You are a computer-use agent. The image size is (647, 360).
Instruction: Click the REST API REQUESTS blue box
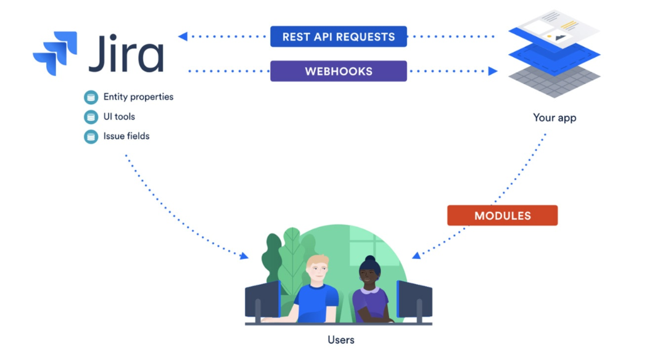pyautogui.click(x=338, y=36)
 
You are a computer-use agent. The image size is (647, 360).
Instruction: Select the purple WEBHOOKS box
pyautogui.click(x=338, y=71)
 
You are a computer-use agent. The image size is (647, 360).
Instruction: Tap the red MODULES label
pyautogui.click(x=502, y=216)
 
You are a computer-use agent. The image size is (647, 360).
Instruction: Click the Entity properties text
pyautogui.click(x=138, y=97)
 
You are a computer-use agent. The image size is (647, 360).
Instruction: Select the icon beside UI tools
pyautogui.click(x=91, y=117)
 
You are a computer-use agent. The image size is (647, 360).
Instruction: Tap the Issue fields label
pyautogui.click(x=126, y=136)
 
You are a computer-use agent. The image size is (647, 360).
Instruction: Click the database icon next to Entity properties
pyautogui.click(x=91, y=97)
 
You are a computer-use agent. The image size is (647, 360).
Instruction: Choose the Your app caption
pyautogui.click(x=554, y=117)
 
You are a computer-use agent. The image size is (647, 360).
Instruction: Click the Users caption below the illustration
pyautogui.click(x=340, y=340)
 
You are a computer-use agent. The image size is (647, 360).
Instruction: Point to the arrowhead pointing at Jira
pyautogui.click(x=183, y=36)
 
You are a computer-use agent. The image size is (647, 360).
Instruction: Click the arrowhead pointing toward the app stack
pyautogui.click(x=493, y=71)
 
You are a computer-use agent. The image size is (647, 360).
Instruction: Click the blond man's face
pyautogui.click(x=317, y=272)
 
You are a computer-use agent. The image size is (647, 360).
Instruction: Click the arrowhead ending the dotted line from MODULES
pyautogui.click(x=417, y=255)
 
